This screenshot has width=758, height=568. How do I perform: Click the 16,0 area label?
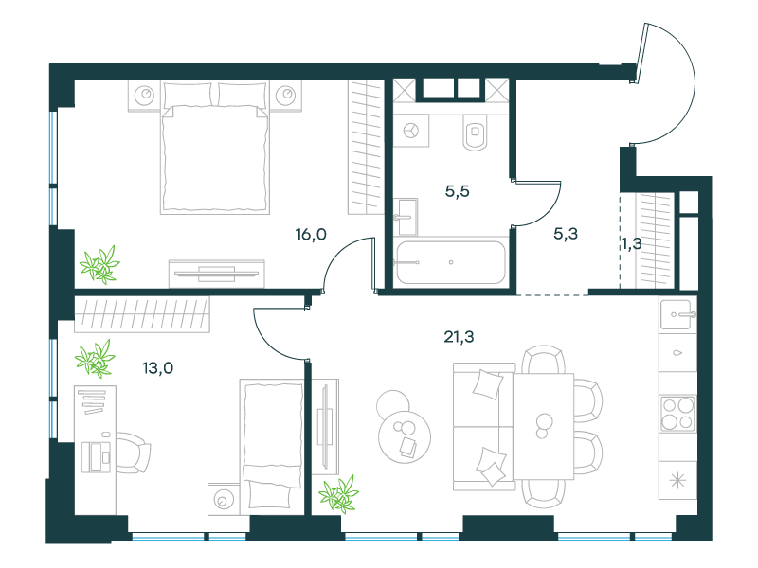click(x=311, y=235)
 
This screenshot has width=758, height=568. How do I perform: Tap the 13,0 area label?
click(x=157, y=368)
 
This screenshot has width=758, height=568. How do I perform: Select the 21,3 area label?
click(x=459, y=337)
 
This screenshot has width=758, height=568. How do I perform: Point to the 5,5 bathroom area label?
click(x=458, y=192)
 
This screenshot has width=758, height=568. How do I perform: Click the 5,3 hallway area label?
click(x=566, y=234)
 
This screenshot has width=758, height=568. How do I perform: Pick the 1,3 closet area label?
click(x=632, y=244)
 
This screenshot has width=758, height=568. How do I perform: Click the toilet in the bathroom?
click(x=476, y=132)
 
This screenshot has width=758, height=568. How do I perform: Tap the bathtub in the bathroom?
click(x=451, y=262)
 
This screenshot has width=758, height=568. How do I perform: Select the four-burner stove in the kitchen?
click(x=677, y=414)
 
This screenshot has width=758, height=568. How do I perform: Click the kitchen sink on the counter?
click(x=677, y=314)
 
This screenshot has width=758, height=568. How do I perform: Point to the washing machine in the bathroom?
click(x=411, y=131)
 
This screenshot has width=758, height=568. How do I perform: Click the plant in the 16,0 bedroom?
click(x=99, y=265)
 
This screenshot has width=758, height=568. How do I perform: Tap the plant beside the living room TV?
click(x=339, y=493)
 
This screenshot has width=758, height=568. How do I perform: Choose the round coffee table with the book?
click(x=405, y=437)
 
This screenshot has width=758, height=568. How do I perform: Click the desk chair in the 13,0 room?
click(x=132, y=453)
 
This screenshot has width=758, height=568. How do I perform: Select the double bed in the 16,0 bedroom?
click(x=215, y=148)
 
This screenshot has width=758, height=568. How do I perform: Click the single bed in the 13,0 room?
click(x=272, y=443)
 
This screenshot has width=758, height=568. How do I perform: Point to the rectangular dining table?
click(x=543, y=426)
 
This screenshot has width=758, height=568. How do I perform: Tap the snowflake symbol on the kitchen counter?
click(x=677, y=481)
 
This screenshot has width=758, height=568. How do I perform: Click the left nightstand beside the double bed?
click(x=144, y=96)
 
